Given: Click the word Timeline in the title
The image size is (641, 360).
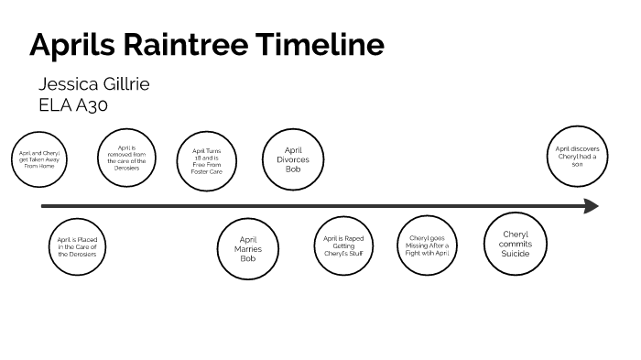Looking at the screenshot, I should tap(320, 45).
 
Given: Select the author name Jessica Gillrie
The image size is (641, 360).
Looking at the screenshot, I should tap(93, 84).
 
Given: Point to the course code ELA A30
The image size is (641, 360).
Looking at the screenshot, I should tap(73, 104).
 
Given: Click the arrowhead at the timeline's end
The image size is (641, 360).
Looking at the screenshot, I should tap(592, 206).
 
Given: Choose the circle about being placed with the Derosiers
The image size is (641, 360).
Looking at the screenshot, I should tap(77, 246).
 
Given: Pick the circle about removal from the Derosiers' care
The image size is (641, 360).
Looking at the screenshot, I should tap(126, 157).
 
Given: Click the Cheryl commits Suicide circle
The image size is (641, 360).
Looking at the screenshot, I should tap(515, 245).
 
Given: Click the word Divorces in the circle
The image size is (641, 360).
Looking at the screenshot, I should tap(293, 159).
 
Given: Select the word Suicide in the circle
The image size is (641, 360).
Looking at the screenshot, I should tap(515, 254).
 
